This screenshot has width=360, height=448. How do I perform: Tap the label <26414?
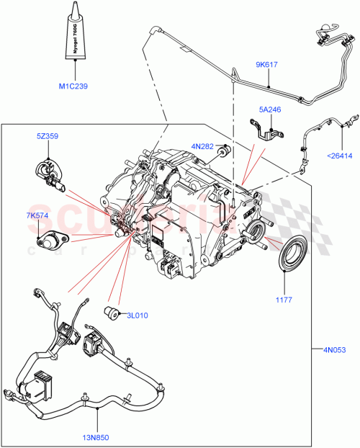point(341,155)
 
